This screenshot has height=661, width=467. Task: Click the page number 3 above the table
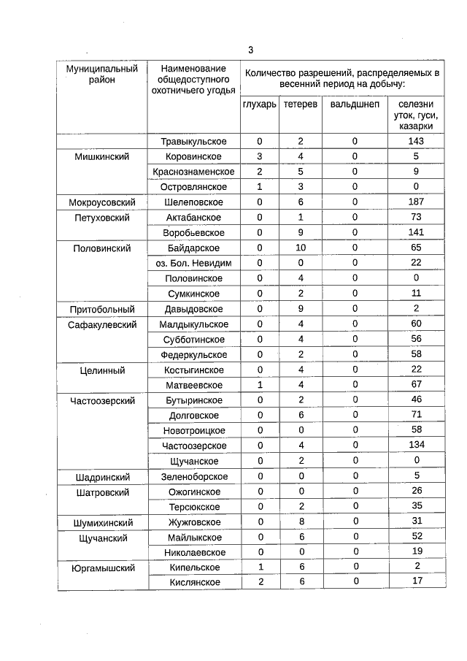coord(250,50)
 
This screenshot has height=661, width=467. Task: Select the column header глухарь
coord(259,105)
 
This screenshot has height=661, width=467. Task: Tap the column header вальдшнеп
coord(355,105)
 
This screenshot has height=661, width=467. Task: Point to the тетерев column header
coord(300,105)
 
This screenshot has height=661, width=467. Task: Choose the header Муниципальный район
coord(102,74)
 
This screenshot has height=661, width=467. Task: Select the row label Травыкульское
coord(193,142)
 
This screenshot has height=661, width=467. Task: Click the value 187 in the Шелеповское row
coord(416,202)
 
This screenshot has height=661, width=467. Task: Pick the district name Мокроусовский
coord(102,202)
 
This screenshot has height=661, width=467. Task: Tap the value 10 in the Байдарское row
coord(300,248)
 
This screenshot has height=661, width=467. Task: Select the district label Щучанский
coord(102,538)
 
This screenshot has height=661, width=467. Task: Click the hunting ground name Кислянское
coord(193,583)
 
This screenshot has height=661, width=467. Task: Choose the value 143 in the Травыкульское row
coord(416,142)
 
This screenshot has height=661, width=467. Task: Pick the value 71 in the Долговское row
coord(416,415)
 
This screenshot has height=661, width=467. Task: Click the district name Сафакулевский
coord(102,324)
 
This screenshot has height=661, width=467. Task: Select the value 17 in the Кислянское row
coord(416,583)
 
